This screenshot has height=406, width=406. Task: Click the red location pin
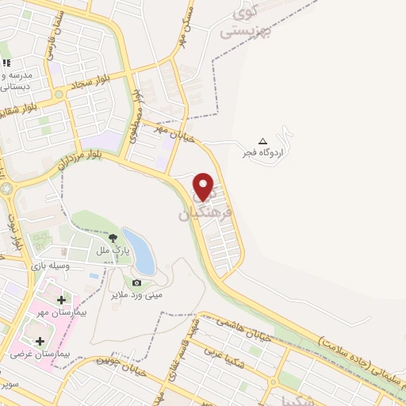(205, 188)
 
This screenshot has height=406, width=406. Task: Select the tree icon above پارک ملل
(112, 237)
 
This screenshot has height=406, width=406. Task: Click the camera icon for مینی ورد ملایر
(136, 282)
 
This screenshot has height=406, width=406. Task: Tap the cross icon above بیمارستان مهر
(63, 300)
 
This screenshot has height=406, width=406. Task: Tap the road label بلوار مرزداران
(80, 150)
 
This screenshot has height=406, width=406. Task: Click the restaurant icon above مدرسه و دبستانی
(6, 63)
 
